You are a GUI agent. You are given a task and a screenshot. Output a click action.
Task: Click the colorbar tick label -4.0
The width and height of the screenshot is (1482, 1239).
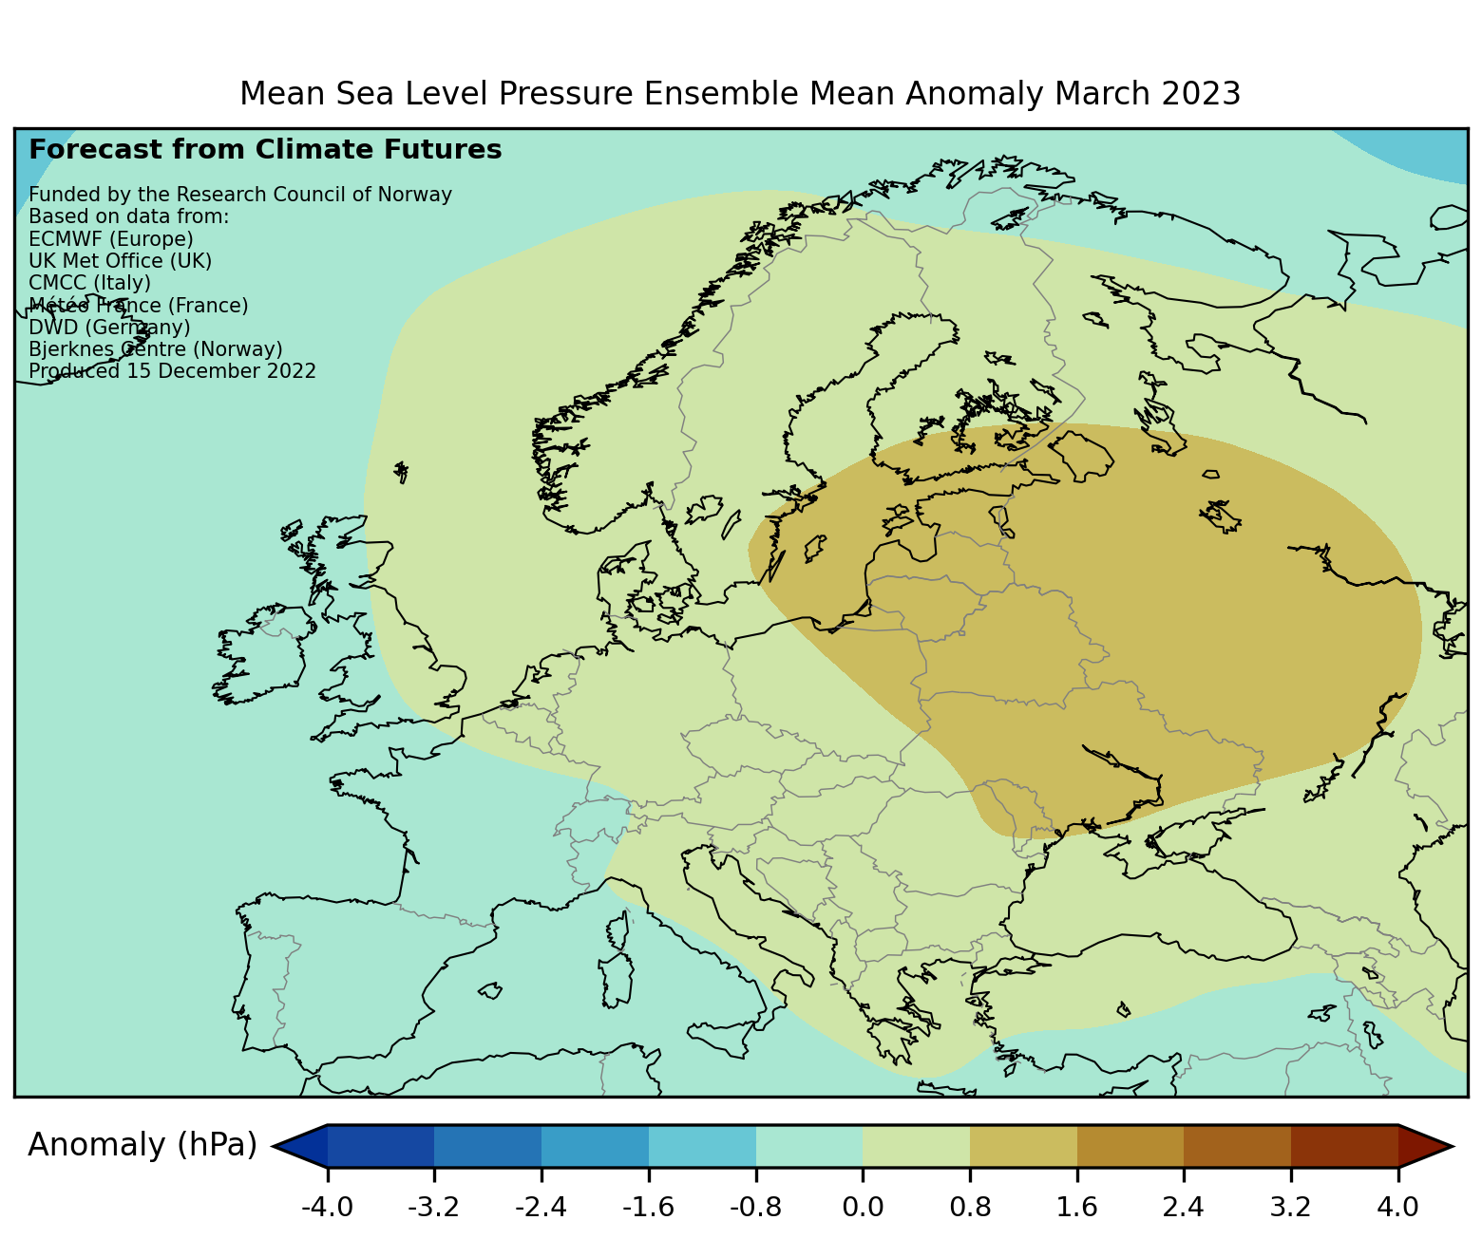(328, 1208)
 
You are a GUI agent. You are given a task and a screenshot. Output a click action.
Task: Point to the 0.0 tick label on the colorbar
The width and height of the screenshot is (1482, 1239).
(863, 1208)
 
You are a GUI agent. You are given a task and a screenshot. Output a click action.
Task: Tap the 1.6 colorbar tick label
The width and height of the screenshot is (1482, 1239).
(1076, 1208)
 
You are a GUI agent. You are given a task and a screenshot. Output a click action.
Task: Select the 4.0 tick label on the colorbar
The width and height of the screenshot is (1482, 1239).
(1398, 1208)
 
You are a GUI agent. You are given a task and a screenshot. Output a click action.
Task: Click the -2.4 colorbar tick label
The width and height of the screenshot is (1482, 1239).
(541, 1208)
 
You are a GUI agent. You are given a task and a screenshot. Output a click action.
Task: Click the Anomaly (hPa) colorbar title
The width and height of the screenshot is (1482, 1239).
(142, 1146)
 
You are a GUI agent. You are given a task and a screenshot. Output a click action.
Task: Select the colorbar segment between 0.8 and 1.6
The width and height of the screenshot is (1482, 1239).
(1023, 1146)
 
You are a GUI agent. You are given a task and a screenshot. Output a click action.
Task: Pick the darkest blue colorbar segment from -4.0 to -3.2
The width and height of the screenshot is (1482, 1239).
(381, 1146)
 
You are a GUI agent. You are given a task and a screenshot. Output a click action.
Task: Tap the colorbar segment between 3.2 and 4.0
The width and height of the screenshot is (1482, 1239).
(1344, 1146)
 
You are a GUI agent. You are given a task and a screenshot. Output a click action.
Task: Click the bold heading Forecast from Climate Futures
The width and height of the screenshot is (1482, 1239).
(265, 150)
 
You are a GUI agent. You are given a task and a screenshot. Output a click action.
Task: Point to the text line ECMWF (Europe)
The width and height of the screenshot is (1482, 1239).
(111, 238)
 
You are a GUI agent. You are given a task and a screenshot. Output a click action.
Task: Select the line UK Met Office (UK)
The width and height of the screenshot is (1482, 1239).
(121, 261)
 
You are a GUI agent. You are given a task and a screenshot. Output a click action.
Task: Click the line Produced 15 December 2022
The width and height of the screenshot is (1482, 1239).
(172, 371)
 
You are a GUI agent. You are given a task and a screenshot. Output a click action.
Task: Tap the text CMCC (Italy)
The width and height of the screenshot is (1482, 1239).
(90, 283)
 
